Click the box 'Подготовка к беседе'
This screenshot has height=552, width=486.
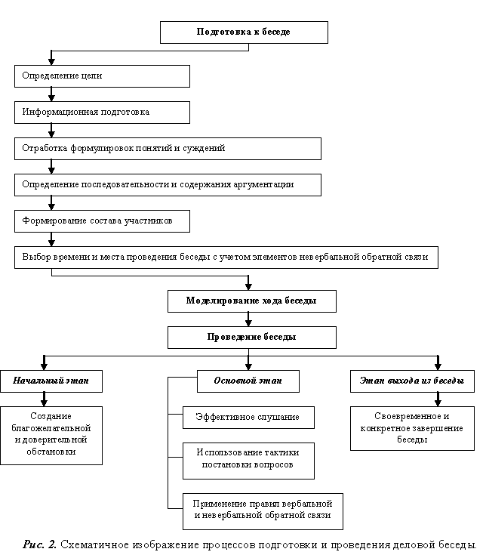244,32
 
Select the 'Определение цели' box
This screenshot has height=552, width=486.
102,76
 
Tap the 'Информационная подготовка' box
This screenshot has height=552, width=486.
102,113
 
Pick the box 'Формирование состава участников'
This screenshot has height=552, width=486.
102,221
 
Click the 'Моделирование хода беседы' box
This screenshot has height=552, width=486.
252,301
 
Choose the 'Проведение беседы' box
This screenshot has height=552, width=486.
252,338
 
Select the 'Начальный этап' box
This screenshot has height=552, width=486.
51,381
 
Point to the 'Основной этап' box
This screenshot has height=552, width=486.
248,381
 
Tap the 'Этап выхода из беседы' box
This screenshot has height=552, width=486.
412,381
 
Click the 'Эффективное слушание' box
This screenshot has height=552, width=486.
248,418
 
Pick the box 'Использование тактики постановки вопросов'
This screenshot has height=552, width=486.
248,461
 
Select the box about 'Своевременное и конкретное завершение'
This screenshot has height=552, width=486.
412,428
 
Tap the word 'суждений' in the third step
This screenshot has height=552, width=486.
204,148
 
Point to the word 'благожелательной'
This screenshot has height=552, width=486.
51,428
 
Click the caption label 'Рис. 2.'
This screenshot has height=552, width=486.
39,544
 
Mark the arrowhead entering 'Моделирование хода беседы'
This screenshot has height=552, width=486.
248,286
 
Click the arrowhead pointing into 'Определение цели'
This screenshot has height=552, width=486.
51,61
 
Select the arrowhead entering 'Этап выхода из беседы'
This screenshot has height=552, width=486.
438,366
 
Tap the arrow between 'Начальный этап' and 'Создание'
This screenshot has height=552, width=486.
44,399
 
